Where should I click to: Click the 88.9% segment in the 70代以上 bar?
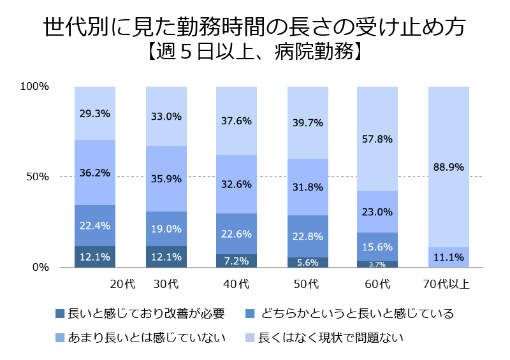448,167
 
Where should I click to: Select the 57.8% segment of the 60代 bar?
377,138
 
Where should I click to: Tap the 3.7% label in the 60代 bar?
377,264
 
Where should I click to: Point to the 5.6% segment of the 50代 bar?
307,262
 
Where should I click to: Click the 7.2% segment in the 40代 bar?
237,261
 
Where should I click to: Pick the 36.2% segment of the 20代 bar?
94,173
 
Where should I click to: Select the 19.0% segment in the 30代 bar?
166,229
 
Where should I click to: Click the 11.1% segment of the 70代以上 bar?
448,257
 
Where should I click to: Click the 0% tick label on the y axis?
40,268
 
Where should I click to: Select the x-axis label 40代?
235,284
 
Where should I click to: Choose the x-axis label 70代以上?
446,284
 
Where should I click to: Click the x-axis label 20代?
121,284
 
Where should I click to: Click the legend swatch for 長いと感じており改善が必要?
61,313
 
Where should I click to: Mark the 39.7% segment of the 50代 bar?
307,122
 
